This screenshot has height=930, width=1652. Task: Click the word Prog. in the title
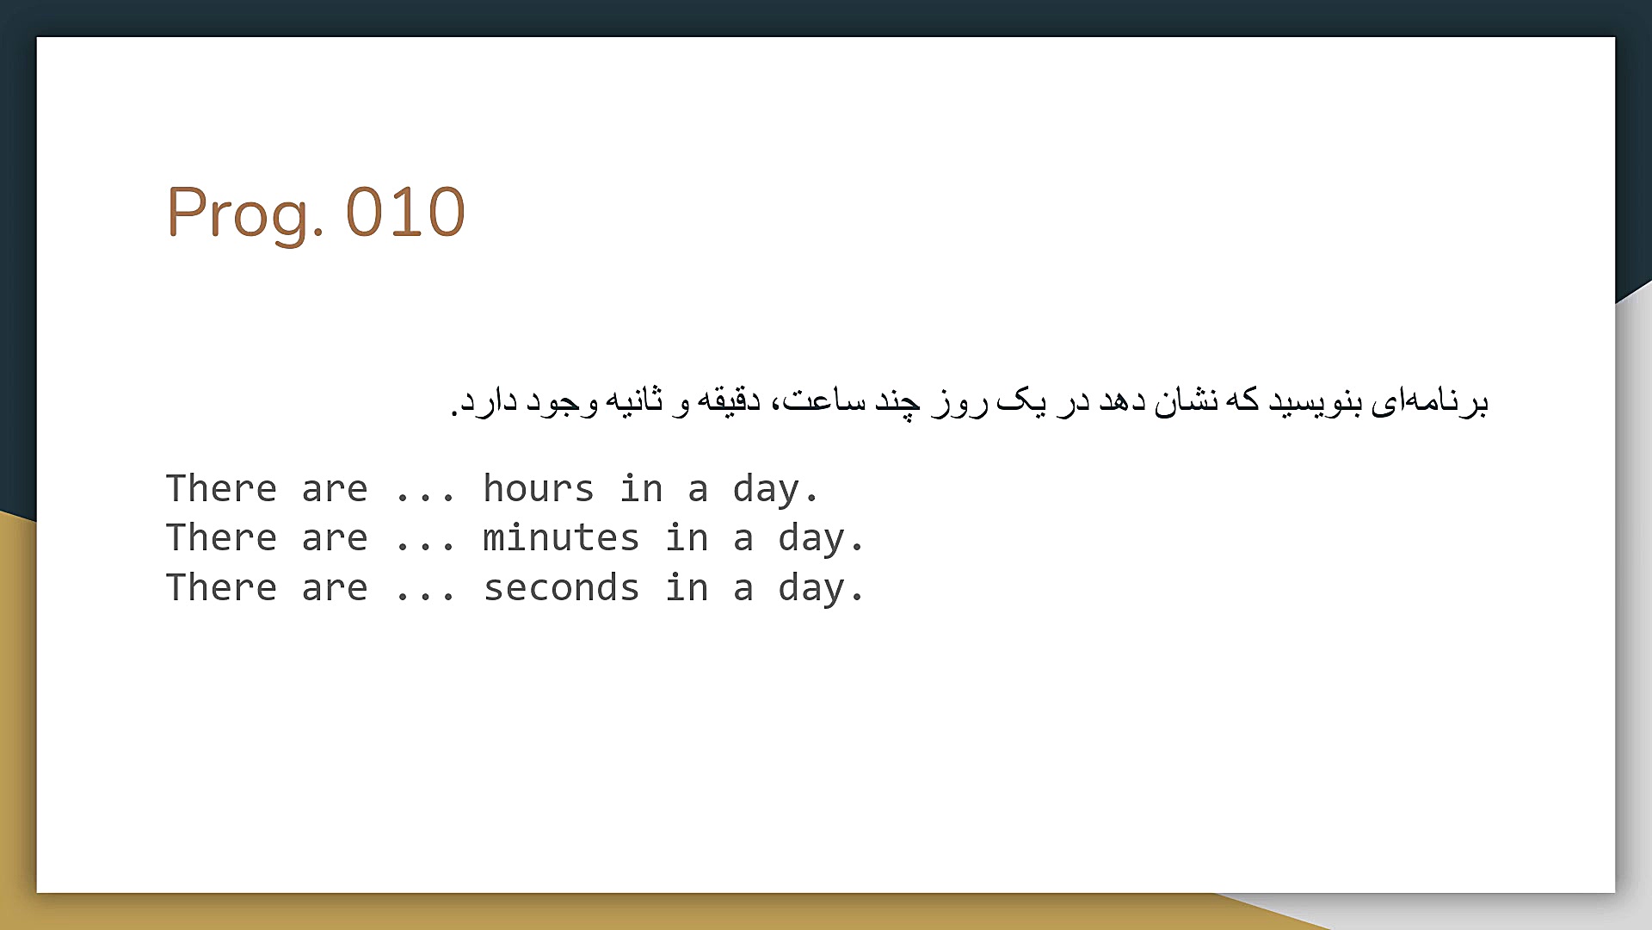click(x=245, y=214)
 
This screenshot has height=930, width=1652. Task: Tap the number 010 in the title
click(x=405, y=212)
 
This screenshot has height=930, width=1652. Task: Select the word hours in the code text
click(x=539, y=488)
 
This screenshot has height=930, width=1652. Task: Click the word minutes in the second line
click(x=561, y=538)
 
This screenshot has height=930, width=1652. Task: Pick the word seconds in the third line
click(x=561, y=588)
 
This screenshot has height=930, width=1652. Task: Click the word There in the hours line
click(x=221, y=488)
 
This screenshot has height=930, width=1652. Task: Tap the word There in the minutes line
click(x=221, y=538)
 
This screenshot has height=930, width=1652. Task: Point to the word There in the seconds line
click(x=221, y=588)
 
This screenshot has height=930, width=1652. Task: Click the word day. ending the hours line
click(x=775, y=490)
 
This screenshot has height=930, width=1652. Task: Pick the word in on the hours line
click(x=641, y=488)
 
